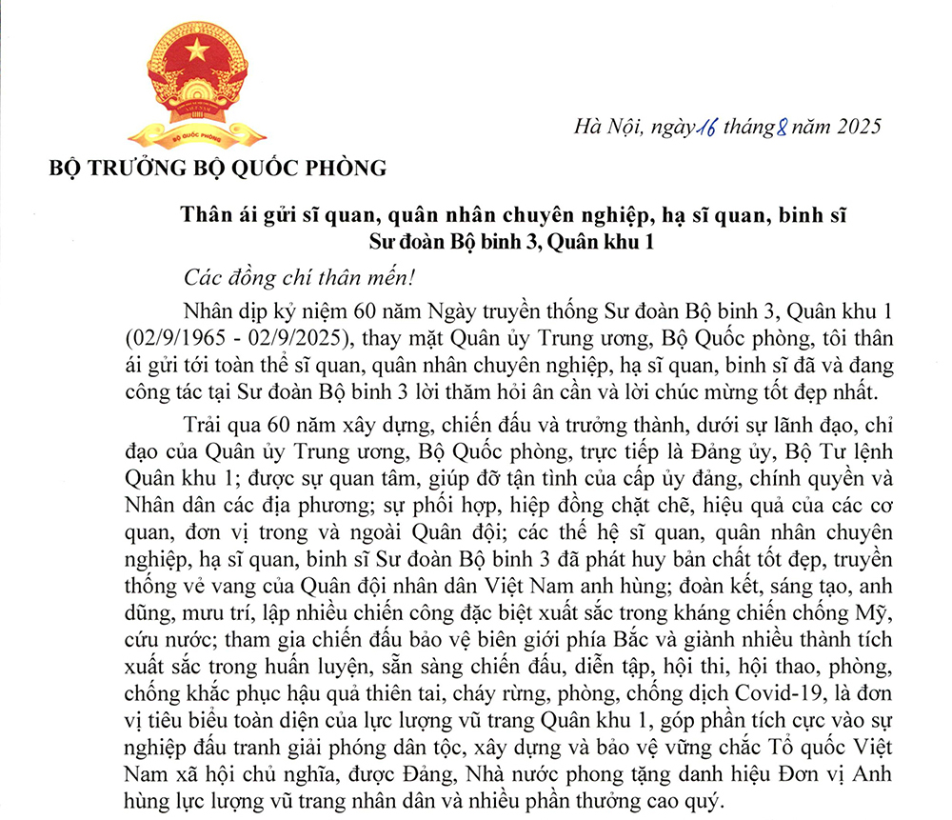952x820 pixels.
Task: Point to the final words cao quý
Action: pos(693,790)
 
